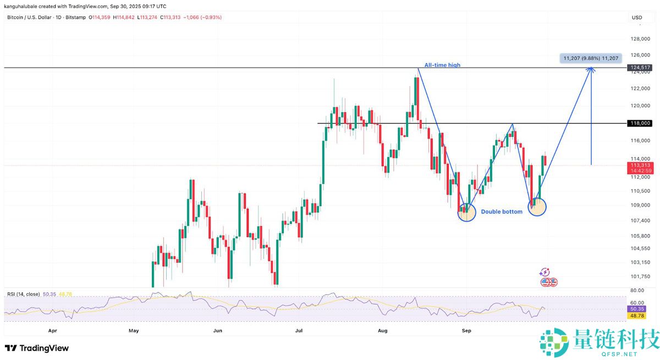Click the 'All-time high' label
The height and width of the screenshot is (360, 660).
(x=442, y=65)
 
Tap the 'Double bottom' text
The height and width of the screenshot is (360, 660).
(x=502, y=212)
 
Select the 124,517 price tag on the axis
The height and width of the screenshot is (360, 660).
(x=639, y=68)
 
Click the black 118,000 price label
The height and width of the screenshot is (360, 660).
(x=639, y=123)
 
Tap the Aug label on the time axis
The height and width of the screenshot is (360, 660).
(x=383, y=331)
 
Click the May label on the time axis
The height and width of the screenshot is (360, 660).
(x=134, y=331)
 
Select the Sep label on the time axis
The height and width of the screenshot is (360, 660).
(x=466, y=331)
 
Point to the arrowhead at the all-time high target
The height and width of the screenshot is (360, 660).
(x=591, y=69)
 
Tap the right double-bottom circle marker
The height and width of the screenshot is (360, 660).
(x=537, y=207)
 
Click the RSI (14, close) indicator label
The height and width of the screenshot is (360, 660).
(x=24, y=295)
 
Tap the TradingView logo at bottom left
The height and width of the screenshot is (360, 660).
(x=37, y=348)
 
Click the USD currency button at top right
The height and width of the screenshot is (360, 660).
(x=637, y=18)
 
